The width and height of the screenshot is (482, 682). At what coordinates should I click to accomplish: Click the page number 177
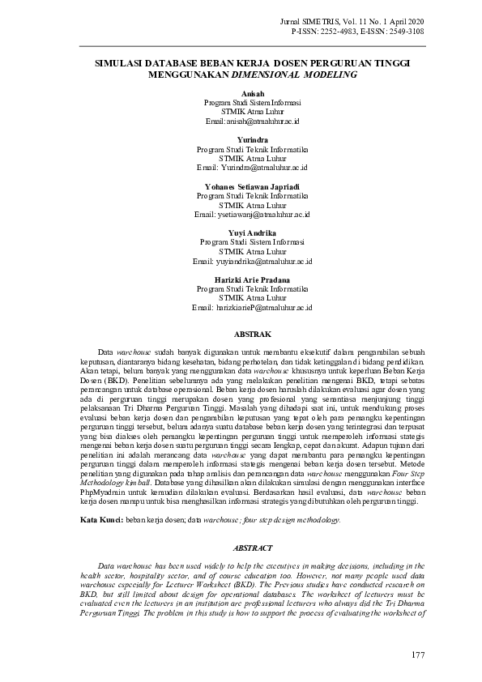tap(418, 654)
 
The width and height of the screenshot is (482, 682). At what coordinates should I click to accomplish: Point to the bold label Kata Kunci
tap(101, 520)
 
